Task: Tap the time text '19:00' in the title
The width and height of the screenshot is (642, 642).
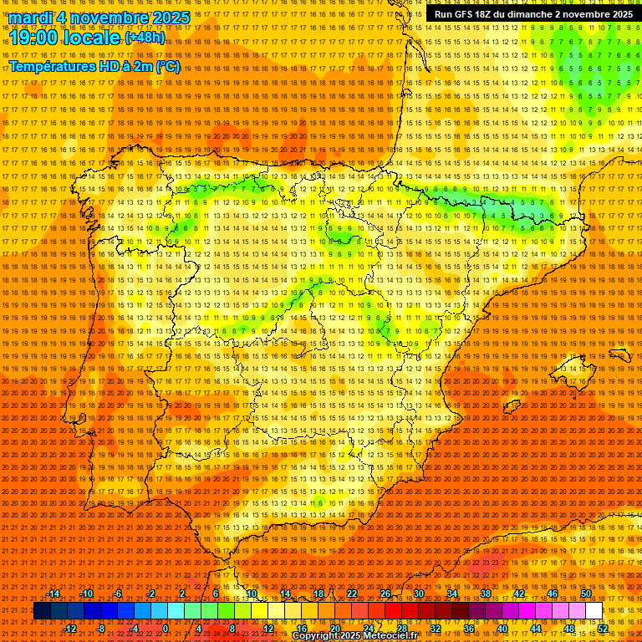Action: pyautogui.click(x=33, y=38)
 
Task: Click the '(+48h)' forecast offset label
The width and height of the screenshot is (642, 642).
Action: pyautogui.click(x=145, y=38)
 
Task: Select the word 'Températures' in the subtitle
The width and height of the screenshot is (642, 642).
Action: pyautogui.click(x=50, y=66)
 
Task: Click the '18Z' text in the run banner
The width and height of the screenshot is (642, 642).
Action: pyautogui.click(x=485, y=14)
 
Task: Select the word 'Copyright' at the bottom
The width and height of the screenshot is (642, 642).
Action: pyautogui.click(x=316, y=636)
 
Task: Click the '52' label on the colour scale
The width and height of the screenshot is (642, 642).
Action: pyautogui.click(x=603, y=629)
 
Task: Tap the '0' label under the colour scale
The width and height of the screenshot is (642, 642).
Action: pyautogui.click(x=166, y=629)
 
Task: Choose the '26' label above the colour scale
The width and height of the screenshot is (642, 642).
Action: pyautogui.click(x=385, y=594)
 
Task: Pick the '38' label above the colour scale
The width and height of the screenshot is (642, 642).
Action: pyautogui.click(x=486, y=594)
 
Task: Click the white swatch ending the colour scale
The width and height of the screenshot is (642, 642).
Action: pyautogui.click(x=594, y=611)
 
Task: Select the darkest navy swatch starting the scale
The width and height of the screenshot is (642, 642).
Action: pyautogui.click(x=42, y=611)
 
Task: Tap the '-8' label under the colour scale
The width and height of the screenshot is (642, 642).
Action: pyautogui.click(x=100, y=629)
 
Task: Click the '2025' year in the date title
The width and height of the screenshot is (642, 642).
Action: pyautogui.click(x=172, y=18)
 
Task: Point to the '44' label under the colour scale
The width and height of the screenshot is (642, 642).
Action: pyautogui.click(x=536, y=629)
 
